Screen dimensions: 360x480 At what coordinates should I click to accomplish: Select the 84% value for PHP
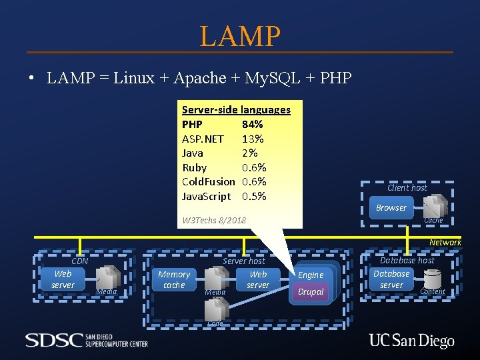tap(252, 124)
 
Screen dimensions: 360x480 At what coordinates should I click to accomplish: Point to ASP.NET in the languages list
tap(203, 139)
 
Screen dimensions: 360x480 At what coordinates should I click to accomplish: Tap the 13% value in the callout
tap(252, 139)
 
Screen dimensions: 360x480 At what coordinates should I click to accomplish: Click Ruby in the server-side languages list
tap(194, 167)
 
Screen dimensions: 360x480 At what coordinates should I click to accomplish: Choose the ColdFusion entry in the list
tap(208, 181)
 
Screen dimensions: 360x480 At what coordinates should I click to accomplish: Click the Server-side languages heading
tap(236, 109)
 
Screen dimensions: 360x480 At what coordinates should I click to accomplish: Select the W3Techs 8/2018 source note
tap(213, 220)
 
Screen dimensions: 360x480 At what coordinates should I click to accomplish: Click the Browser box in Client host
tap(391, 207)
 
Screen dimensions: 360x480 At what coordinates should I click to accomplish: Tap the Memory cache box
tap(174, 279)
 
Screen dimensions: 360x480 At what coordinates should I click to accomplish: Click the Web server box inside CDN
tap(63, 279)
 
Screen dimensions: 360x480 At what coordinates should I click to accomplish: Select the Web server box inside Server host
tap(258, 279)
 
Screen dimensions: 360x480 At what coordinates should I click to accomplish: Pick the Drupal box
tap(311, 292)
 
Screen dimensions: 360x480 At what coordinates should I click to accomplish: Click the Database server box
tap(391, 279)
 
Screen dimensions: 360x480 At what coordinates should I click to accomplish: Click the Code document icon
tap(216, 309)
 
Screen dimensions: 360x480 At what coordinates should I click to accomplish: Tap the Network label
tap(445, 242)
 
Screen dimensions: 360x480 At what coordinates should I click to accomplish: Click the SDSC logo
tap(87, 340)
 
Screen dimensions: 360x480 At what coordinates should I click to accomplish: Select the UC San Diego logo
tap(411, 341)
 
